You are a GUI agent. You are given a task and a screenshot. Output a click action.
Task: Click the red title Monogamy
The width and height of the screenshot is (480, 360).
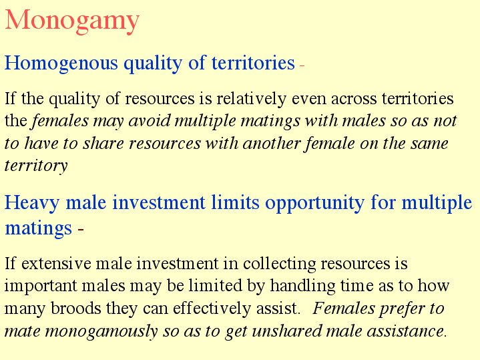tap(72, 21)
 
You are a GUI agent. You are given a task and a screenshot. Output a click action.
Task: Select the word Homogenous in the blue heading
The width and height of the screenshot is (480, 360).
tap(61, 63)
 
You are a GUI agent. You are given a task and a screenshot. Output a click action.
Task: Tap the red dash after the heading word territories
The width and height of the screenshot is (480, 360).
tap(302, 65)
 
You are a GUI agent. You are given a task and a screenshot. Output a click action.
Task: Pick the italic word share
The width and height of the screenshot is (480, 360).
tap(103, 144)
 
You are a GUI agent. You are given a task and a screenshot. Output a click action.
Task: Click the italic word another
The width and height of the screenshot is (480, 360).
tap(271, 144)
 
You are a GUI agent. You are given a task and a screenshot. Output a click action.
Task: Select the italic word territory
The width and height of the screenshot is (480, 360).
tap(36, 166)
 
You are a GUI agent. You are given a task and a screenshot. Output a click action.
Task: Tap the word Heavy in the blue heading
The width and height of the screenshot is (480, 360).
tap(32, 203)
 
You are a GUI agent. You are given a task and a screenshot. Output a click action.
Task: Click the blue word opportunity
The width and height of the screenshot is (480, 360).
tap(314, 203)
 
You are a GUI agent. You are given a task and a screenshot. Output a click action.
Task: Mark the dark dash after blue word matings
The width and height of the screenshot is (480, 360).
tap(81, 230)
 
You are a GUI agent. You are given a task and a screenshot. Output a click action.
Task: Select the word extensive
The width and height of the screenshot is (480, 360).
tap(56, 264)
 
